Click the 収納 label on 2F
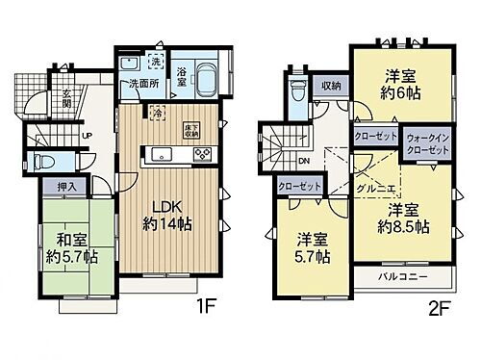331,85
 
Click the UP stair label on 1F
87,136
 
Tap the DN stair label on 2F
304,161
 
